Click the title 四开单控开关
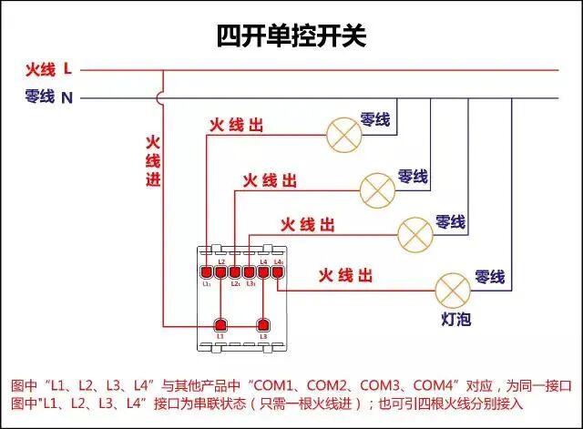point(291,36)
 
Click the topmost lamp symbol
point(344,134)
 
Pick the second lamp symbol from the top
point(378,189)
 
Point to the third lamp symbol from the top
point(414,234)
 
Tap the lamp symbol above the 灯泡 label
point(452,289)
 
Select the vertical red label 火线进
point(153,161)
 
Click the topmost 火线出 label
point(237,125)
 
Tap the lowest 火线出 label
point(345,274)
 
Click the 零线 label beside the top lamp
point(375,119)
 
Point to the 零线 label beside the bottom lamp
point(489,275)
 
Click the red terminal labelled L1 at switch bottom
point(220,324)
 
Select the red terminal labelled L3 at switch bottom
point(264,324)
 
